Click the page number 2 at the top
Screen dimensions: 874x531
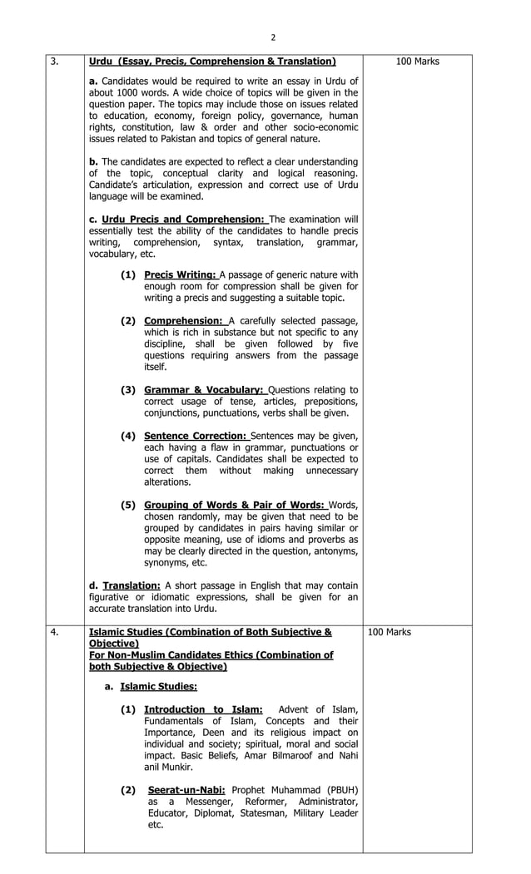point(272,37)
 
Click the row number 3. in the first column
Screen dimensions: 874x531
point(54,62)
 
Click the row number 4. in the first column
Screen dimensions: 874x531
point(54,633)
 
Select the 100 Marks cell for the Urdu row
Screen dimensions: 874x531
point(418,62)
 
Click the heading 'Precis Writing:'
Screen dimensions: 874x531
point(181,275)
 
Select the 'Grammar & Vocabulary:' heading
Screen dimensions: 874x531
point(204,389)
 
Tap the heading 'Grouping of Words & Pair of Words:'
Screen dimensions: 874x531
point(236,505)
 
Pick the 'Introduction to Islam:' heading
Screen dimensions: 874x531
point(204,709)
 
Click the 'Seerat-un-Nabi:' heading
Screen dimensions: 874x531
point(187,789)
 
